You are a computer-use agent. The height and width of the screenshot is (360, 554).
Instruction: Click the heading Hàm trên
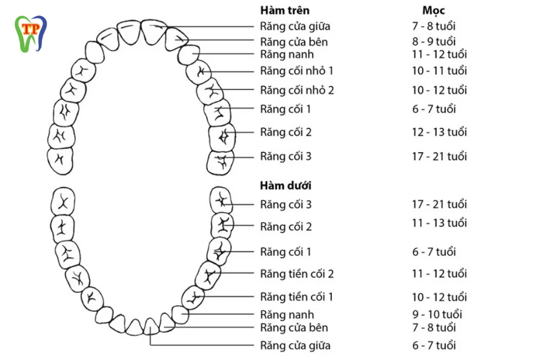[285, 11]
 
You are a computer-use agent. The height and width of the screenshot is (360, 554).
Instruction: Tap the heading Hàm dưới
[285, 186]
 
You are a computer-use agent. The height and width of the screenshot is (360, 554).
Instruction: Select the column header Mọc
[433, 11]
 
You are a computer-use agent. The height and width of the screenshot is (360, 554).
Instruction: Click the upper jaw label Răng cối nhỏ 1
[297, 71]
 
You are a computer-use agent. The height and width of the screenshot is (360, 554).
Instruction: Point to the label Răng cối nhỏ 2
[297, 90]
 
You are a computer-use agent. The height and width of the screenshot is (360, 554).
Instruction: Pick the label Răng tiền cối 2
[297, 274]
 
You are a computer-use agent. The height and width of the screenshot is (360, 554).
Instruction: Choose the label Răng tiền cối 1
[297, 297]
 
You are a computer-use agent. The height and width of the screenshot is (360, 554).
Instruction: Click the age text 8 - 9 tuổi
[433, 42]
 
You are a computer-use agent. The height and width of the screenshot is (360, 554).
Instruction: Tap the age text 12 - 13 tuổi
[439, 132]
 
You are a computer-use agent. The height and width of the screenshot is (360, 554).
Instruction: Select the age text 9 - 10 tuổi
[437, 315]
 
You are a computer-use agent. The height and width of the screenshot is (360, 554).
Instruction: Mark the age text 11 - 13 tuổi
[439, 223]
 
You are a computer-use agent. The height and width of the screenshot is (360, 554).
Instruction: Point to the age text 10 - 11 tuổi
[439, 71]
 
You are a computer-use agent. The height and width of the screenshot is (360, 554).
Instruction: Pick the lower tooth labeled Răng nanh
[180, 315]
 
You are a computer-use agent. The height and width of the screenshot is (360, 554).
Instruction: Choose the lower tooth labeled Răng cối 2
[223, 225]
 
